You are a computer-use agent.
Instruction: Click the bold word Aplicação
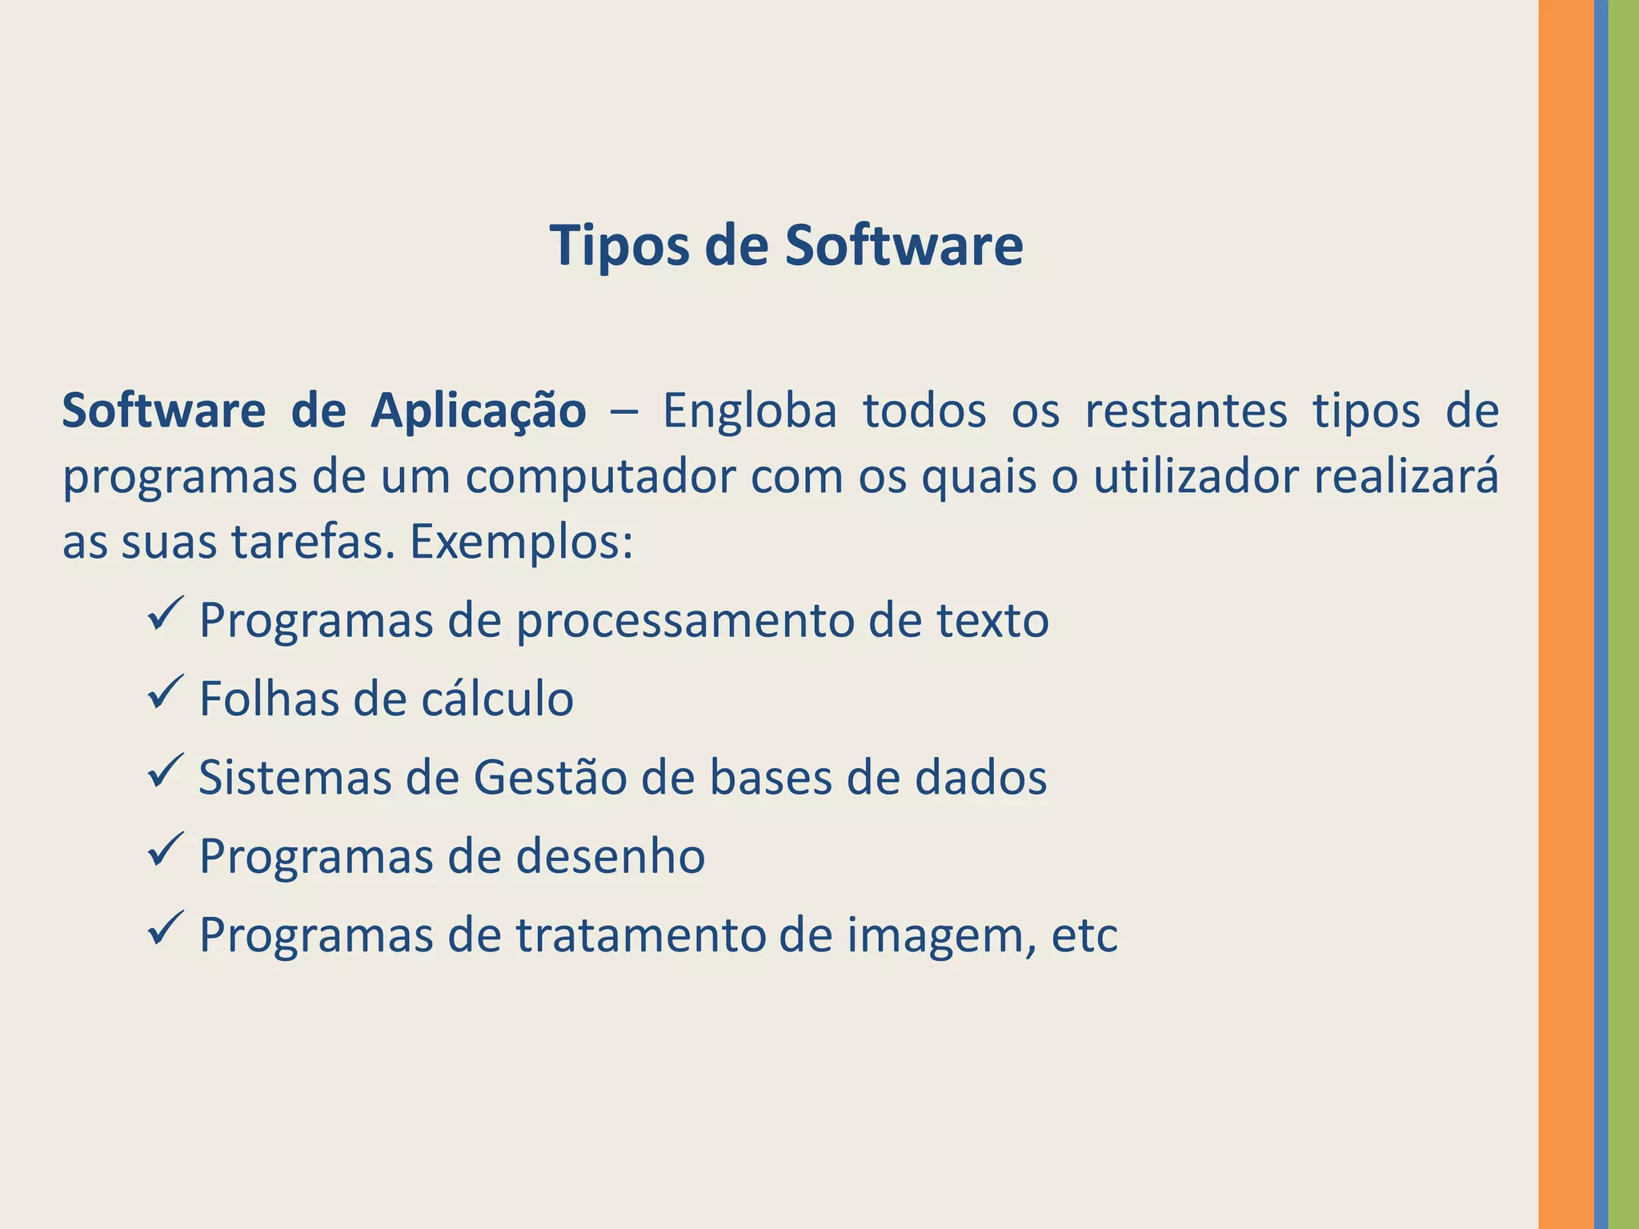tap(478, 411)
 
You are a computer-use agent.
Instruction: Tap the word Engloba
tap(749, 411)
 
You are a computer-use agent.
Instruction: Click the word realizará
tap(1406, 476)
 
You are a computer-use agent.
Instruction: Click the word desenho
tap(610, 856)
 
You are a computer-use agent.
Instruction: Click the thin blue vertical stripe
tap(1601, 614)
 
